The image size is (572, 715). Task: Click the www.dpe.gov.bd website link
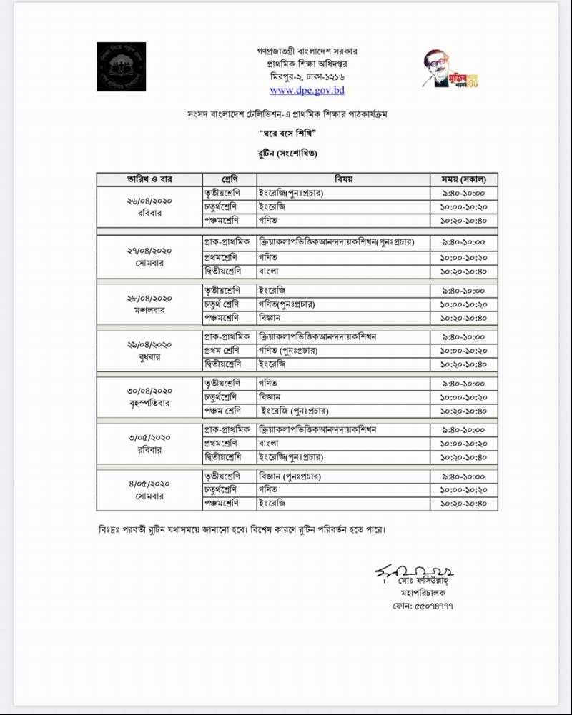[x=307, y=91]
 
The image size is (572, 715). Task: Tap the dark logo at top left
[x=121, y=67]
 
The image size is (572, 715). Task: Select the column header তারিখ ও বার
[x=149, y=179]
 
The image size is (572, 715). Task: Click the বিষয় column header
[x=344, y=179]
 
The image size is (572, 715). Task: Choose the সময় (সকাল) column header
[x=463, y=179]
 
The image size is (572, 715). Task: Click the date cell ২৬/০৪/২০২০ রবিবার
[x=149, y=207]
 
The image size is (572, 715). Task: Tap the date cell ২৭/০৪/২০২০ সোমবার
[x=149, y=256]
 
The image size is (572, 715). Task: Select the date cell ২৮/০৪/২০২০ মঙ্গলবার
[x=149, y=304]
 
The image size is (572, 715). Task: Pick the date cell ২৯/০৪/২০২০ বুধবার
[x=149, y=351]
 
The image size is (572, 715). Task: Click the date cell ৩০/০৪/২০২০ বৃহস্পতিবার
[x=149, y=397]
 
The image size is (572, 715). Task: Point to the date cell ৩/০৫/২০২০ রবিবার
[x=149, y=444]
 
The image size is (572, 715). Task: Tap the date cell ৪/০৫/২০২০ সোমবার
[x=149, y=490]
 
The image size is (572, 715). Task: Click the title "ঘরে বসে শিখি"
[x=287, y=135]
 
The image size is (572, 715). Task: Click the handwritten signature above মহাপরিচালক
[x=415, y=573]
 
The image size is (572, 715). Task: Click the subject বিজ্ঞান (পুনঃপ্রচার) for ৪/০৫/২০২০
[x=290, y=476]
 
